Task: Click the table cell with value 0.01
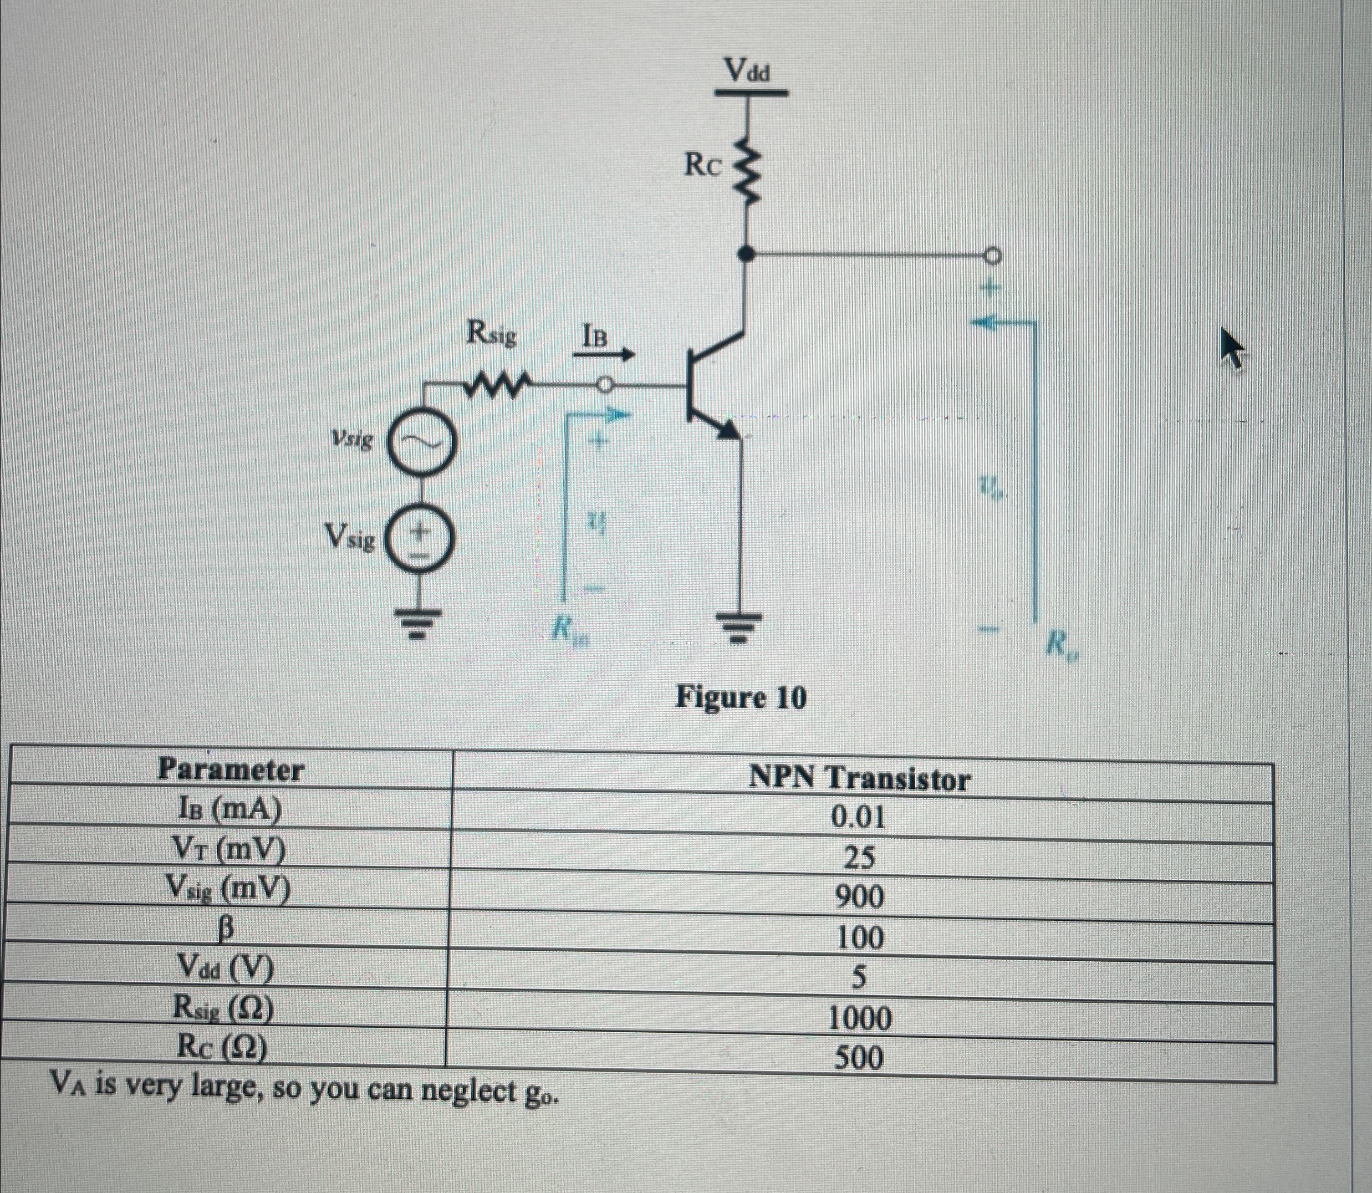click(859, 816)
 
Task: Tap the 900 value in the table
click(860, 898)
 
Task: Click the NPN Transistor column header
click(859, 778)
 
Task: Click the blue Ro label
click(1060, 644)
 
